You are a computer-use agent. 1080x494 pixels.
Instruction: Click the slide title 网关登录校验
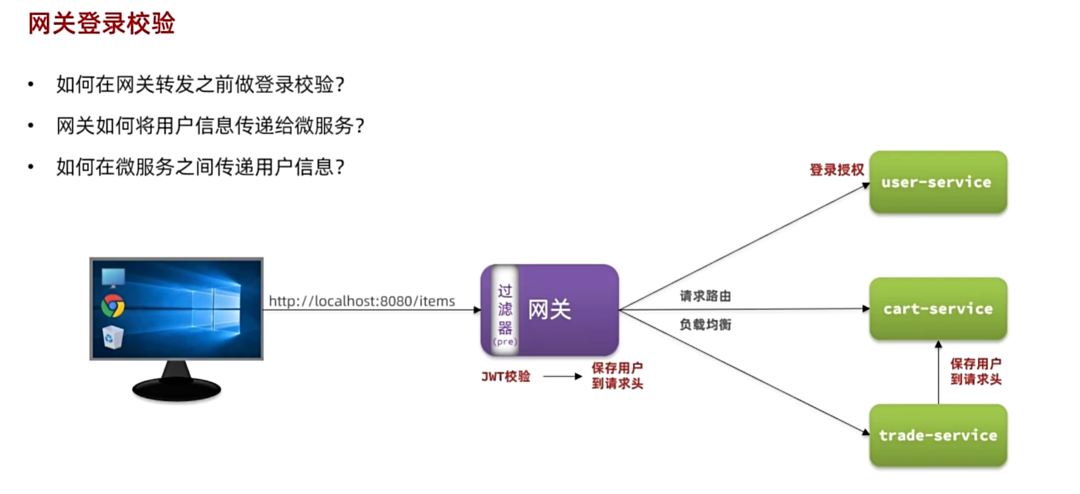coord(102,24)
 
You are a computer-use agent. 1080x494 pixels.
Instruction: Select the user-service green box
coord(937,182)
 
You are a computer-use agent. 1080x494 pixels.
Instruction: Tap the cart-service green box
coord(937,309)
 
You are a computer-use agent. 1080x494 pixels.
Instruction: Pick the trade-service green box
coord(937,435)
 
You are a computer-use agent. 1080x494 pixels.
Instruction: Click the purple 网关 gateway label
coord(549,310)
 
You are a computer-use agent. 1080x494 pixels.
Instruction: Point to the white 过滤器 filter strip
coord(504,310)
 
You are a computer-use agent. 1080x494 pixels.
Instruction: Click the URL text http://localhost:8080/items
coord(362,302)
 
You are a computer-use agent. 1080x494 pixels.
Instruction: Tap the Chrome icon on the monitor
coord(113,305)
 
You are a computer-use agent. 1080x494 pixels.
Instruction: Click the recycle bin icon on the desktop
coord(113,337)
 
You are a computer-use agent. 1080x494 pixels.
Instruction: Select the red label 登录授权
coord(836,169)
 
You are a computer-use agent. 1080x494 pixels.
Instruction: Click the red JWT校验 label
coord(506,376)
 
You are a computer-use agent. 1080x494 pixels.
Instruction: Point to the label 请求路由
coord(705,296)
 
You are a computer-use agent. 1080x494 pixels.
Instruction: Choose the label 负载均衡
coord(705,325)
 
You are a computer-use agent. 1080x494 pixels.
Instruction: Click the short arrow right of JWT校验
coord(562,376)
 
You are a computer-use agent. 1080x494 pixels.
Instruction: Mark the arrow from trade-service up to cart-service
coord(938,372)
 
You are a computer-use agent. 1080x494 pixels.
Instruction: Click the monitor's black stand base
coord(176,389)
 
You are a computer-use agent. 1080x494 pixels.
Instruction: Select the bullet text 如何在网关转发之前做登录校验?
coord(200,84)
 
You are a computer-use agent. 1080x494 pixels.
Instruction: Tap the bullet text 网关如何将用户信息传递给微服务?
coord(210,126)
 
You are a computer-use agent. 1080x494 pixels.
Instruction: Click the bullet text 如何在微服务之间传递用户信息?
coord(200,167)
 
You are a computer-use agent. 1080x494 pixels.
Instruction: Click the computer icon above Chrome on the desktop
coord(113,277)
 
